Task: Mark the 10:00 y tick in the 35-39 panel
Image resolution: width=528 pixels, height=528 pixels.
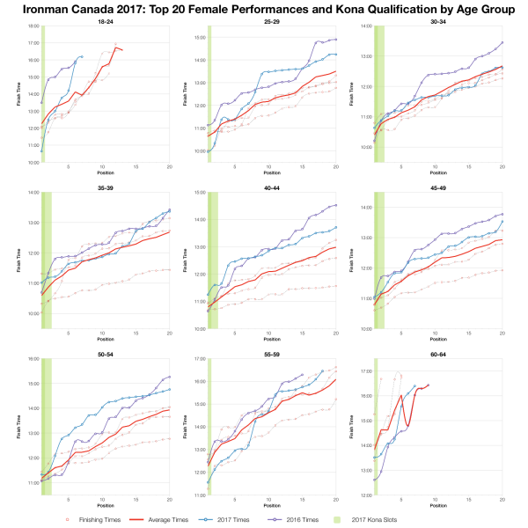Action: point(33,312)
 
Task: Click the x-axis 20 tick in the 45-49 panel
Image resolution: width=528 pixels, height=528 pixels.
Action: point(502,334)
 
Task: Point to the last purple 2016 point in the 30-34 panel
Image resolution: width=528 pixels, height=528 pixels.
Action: point(502,42)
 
